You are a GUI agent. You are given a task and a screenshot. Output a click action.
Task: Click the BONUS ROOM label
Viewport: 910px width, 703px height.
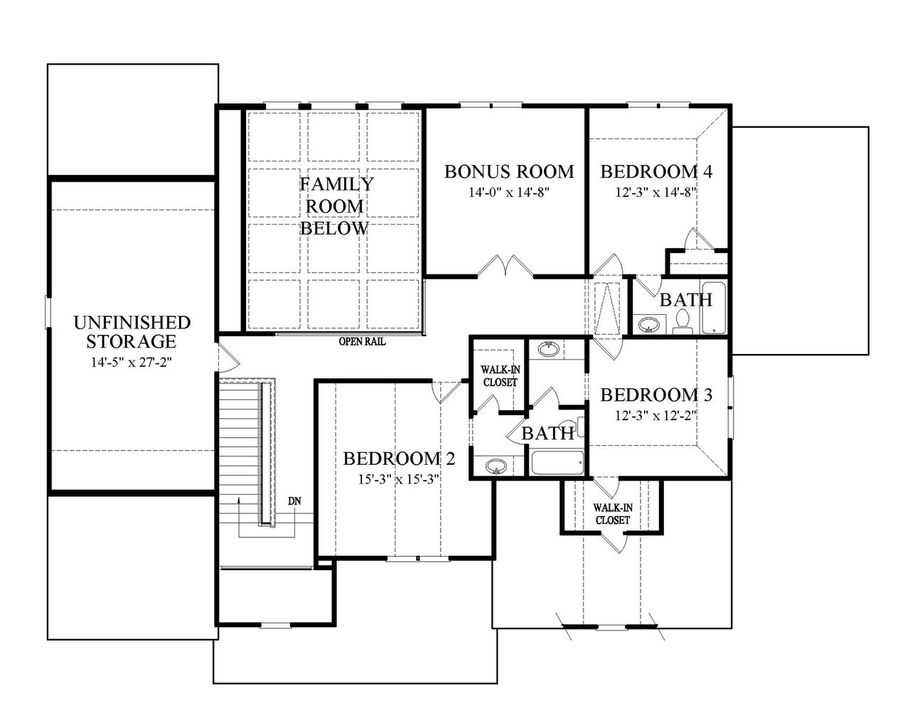[x=509, y=171]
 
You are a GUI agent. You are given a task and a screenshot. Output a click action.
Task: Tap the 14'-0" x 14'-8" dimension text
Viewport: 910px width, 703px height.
[x=509, y=191]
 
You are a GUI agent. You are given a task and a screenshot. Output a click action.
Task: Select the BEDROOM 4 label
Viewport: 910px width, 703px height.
[x=656, y=171]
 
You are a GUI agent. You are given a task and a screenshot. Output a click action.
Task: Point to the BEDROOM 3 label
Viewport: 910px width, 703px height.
[x=656, y=395]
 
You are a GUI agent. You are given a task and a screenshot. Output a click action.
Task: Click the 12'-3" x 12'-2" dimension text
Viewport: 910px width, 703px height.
[x=656, y=414]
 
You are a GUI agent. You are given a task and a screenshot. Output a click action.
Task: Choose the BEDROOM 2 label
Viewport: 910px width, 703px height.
[x=398, y=458]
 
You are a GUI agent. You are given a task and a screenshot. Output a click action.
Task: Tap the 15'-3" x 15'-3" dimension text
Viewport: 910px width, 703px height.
[x=398, y=478]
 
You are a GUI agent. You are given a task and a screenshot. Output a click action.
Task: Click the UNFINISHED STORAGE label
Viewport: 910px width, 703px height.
[x=132, y=332]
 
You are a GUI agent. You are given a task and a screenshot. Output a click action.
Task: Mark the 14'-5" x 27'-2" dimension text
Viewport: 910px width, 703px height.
[x=132, y=362]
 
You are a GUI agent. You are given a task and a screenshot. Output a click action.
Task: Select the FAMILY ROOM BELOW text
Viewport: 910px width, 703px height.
[x=335, y=206]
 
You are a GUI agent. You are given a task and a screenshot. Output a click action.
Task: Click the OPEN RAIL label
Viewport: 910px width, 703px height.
[x=362, y=342]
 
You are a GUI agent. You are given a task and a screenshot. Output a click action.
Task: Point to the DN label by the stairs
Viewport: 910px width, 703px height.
[x=294, y=501]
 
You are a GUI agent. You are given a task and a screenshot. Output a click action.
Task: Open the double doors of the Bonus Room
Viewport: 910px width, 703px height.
[x=505, y=267]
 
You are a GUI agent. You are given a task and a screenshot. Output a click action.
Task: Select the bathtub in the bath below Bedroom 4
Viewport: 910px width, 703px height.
[x=713, y=308]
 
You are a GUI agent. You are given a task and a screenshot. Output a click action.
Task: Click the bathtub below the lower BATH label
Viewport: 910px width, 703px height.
[x=557, y=463]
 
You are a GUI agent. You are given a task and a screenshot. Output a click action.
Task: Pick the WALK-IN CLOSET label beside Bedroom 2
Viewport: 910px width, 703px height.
[x=498, y=375]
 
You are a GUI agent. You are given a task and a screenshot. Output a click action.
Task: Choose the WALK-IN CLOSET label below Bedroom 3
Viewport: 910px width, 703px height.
[x=612, y=514]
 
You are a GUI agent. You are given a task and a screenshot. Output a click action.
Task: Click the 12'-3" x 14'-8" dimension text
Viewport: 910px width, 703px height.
[x=656, y=191]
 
